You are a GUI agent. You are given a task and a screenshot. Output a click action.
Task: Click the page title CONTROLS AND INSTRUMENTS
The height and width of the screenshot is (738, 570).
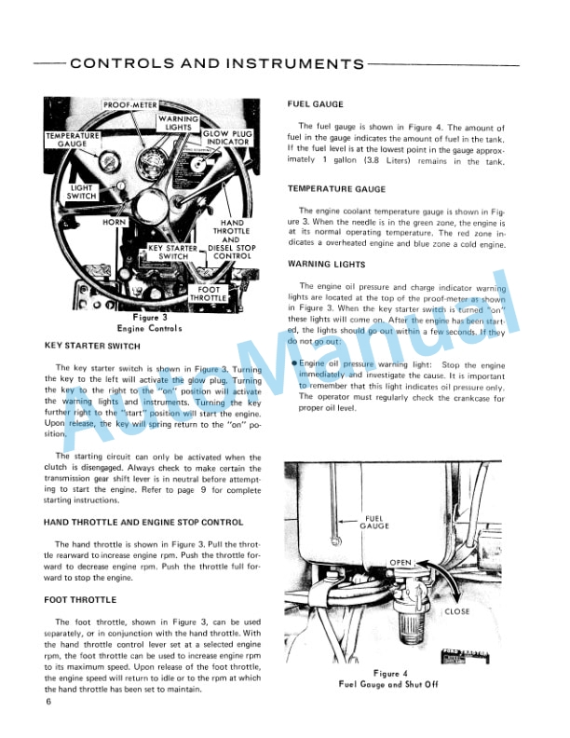(x=217, y=64)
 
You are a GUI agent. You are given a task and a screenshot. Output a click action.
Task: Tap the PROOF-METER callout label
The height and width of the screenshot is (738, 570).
(x=129, y=105)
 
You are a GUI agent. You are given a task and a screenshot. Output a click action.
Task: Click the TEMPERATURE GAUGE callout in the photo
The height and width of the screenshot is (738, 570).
(x=72, y=140)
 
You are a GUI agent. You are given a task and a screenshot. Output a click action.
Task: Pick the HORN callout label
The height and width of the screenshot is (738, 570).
(x=115, y=224)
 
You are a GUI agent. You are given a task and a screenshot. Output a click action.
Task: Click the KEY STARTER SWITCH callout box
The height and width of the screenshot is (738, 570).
(x=173, y=252)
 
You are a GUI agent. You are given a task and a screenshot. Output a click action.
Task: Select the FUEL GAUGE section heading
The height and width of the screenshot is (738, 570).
(x=316, y=104)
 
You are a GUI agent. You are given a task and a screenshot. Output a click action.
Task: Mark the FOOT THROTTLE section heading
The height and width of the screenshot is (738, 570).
(x=79, y=600)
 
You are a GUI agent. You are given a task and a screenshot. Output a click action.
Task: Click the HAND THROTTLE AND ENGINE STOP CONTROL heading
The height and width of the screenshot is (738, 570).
(x=143, y=522)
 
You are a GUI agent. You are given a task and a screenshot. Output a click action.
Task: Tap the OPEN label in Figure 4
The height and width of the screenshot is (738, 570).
(x=400, y=563)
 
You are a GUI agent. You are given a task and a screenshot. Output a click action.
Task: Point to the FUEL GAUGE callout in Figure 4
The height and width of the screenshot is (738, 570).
(x=374, y=522)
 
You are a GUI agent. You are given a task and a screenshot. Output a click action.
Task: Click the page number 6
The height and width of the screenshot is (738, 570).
(x=47, y=701)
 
